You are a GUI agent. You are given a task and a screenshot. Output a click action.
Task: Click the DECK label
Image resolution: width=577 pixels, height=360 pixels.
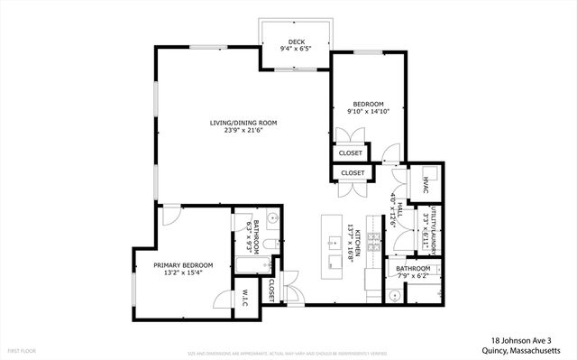click(296, 42)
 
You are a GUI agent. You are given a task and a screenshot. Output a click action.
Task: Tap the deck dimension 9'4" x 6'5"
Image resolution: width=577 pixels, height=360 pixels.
click(296, 50)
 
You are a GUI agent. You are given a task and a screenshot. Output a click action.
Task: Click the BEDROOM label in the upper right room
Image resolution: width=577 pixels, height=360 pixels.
click(368, 104)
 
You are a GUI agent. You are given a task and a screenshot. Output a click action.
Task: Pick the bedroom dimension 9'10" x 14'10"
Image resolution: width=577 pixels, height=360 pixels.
click(368, 112)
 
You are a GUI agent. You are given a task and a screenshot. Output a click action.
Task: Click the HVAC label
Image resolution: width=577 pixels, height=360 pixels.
click(424, 185)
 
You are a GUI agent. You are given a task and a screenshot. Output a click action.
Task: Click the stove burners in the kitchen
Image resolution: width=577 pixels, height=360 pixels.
click(373, 242)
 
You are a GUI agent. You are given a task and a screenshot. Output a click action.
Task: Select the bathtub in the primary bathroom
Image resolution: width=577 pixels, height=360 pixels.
click(244, 264)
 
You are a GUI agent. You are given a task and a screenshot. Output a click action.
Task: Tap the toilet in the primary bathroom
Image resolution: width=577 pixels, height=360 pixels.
click(272, 244)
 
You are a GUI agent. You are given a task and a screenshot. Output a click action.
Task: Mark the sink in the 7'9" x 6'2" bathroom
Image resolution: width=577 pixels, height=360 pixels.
click(394, 295)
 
